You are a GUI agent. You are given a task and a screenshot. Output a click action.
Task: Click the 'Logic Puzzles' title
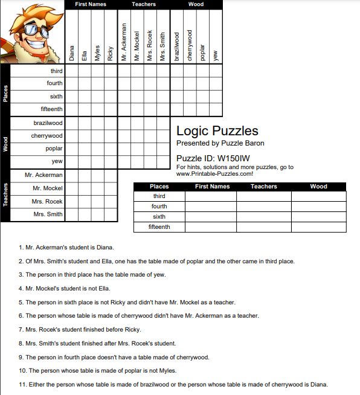click(x=217, y=131)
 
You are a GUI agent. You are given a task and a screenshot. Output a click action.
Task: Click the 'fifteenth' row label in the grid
click(x=51, y=109)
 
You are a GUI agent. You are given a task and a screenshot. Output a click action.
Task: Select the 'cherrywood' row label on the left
click(x=47, y=136)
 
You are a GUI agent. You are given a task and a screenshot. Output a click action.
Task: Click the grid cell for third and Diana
click(x=71, y=71)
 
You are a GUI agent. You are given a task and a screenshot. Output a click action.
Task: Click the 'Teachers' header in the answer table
click(x=264, y=187)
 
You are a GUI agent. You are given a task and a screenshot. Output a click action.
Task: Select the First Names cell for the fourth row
click(x=211, y=207)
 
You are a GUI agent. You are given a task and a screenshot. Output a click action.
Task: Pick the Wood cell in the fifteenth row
click(x=318, y=227)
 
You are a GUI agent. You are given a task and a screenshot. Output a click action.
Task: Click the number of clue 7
click(x=21, y=330)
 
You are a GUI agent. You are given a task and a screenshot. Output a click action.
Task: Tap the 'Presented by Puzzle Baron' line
click(x=220, y=143)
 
